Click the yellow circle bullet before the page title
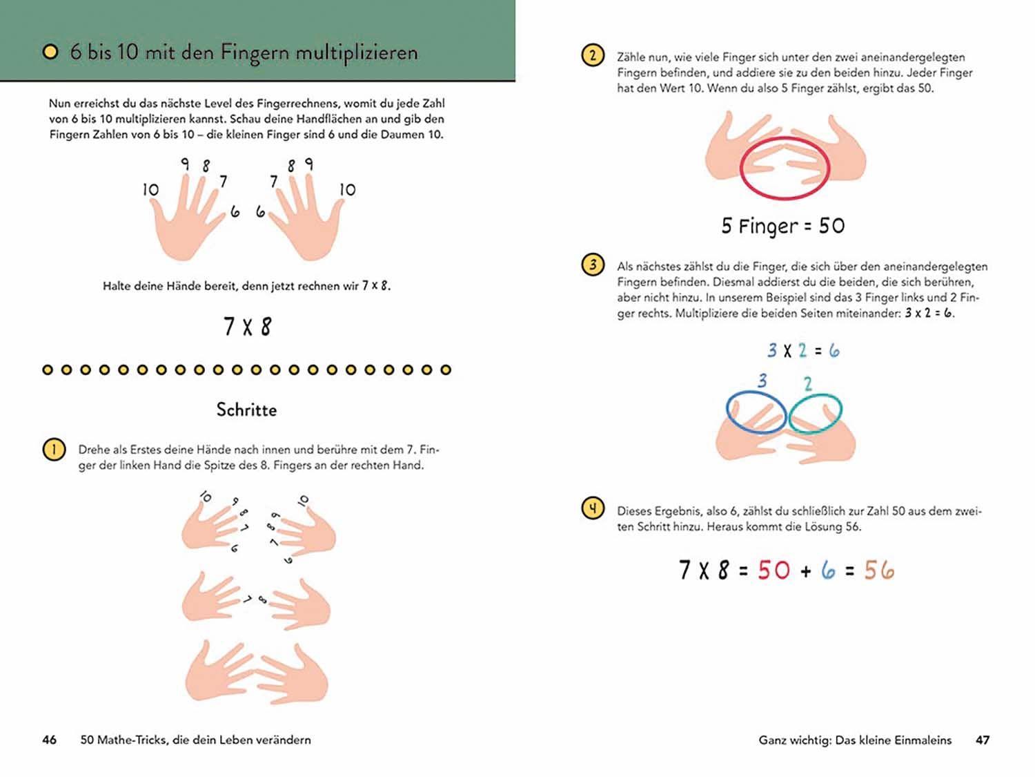coord(50,52)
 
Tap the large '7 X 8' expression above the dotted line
coord(247,326)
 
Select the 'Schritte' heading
coord(246,410)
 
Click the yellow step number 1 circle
coord(54,450)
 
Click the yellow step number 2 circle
coord(593,55)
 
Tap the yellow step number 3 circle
coord(593,265)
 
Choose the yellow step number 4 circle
coord(593,509)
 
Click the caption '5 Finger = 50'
coord(783,226)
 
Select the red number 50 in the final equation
coord(773,570)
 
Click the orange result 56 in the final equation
coord(879,570)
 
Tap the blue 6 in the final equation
coord(828,570)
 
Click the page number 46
coord(49,740)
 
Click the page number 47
coord(983,740)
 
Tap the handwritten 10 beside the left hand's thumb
coord(150,189)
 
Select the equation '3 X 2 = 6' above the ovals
coord(803,351)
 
